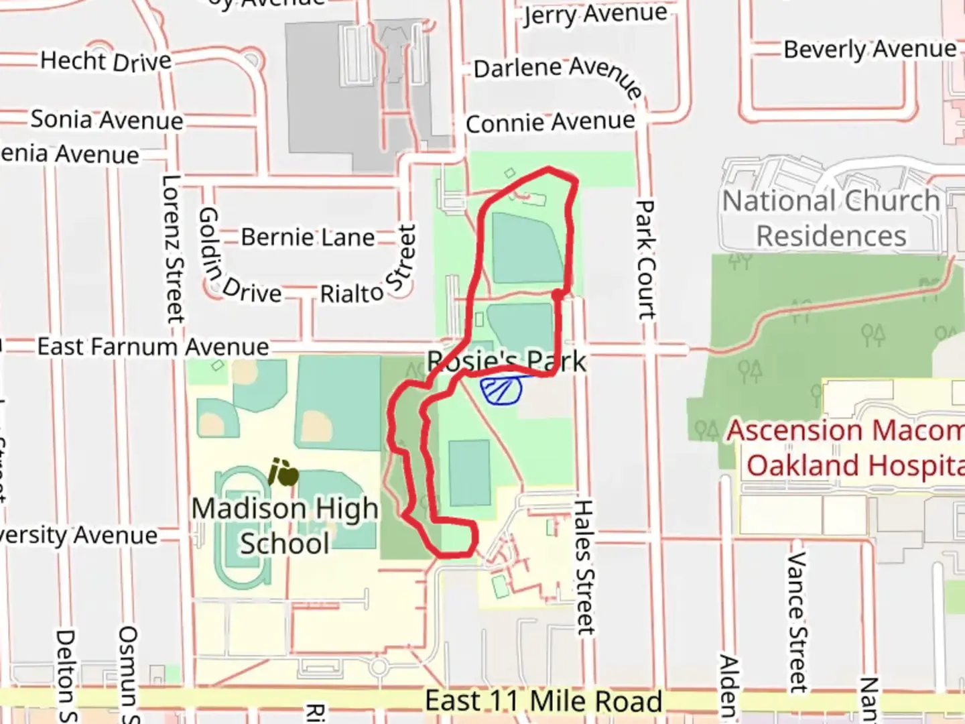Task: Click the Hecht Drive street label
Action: click(106, 61)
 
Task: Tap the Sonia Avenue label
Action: click(107, 120)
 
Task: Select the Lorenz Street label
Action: click(173, 249)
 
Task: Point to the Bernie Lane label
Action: click(308, 237)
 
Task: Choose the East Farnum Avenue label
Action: click(153, 347)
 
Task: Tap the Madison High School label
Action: click(285, 526)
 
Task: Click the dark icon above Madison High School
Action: click(283, 472)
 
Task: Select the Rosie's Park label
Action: click(507, 361)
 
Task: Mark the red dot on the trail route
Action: click(558, 294)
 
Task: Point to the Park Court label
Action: click(645, 259)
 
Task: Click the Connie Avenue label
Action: click(550, 123)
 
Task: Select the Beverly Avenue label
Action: click(870, 49)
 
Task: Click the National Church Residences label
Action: click(831, 219)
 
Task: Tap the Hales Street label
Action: click(585, 566)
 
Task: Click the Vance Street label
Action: click(797, 621)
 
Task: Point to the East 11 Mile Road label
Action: click(543, 701)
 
